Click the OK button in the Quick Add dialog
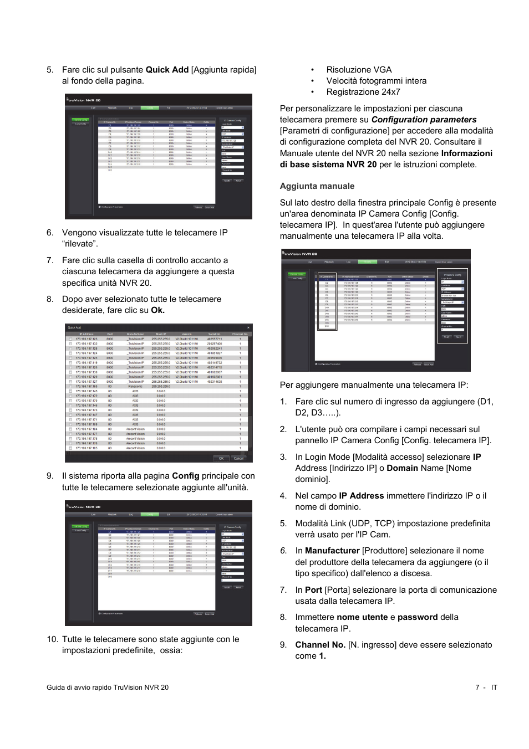tap(221, 458)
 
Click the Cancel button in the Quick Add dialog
tap(238, 458)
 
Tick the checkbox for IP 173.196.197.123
tap(70, 339)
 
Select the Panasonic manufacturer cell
tap(135, 387)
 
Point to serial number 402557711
tap(215, 339)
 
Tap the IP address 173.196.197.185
tap(87, 448)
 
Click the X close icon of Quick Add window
tap(248, 327)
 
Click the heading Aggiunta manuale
tap(317, 186)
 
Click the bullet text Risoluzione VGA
tap(359, 70)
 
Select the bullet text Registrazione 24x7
tap(363, 92)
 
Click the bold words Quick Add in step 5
tap(167, 70)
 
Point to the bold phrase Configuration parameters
tap(424, 120)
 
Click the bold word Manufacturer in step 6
tap(332, 551)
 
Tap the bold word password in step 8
tap(417, 617)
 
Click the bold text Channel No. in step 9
tap(320, 645)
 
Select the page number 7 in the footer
tap(477, 688)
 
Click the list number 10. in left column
tap(52, 639)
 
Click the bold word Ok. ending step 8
tap(157, 310)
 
